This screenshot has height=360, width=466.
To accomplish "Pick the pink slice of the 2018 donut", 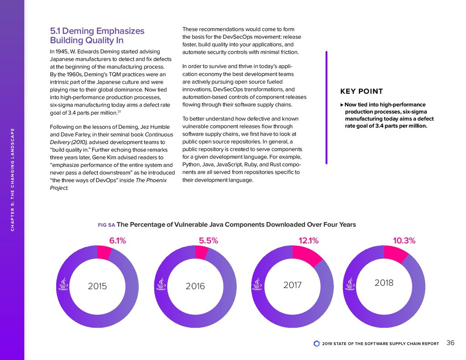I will coord(395,254).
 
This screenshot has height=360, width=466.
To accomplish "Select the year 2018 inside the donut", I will coord(384,283).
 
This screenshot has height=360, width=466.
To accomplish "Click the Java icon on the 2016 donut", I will coord(160,284).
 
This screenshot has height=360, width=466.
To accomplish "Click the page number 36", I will coord(451,343).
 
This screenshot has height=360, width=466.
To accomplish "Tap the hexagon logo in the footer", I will coord(316,344).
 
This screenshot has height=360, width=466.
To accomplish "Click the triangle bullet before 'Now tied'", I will coord(342,105).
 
